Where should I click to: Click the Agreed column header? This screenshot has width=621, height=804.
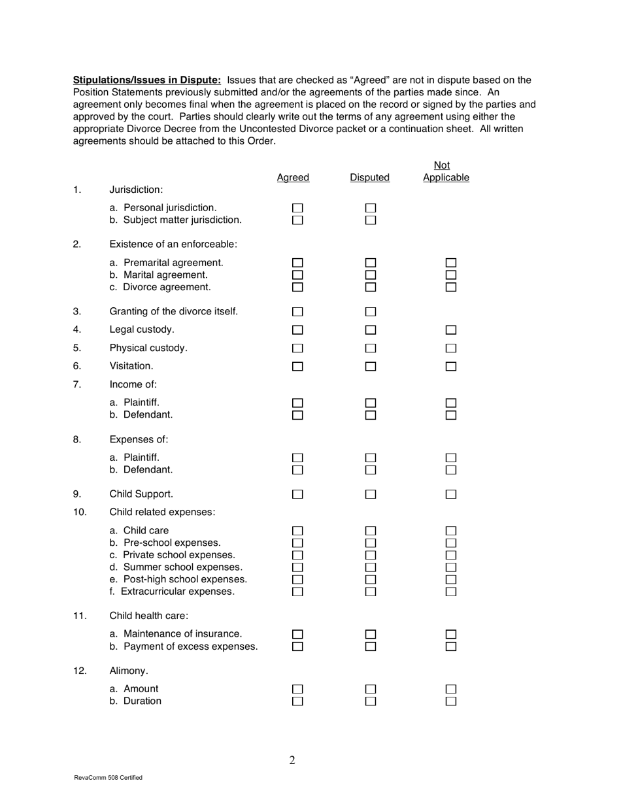click(293, 178)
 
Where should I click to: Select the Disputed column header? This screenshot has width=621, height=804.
click(370, 178)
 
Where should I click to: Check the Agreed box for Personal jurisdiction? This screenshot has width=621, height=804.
click(298, 208)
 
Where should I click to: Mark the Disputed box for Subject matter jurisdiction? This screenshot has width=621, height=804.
click(371, 220)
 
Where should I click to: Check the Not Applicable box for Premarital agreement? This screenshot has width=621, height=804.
click(451, 263)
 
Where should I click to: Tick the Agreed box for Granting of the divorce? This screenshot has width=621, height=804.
click(298, 311)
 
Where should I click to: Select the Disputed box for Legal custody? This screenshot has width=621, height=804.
click(371, 329)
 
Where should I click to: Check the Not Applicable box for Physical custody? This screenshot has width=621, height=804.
click(451, 348)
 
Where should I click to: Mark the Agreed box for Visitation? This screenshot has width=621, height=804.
click(298, 367)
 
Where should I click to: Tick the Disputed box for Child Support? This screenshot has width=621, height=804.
click(371, 494)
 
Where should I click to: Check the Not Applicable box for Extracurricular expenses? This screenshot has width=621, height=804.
click(451, 592)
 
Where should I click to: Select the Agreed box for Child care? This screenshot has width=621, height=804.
click(298, 530)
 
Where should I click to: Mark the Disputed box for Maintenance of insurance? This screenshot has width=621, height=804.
click(371, 634)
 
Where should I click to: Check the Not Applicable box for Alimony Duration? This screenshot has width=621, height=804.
click(451, 701)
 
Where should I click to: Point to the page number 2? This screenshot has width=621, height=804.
click(292, 760)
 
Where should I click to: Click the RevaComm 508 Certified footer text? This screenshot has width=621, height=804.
click(109, 778)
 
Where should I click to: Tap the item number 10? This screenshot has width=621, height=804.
click(79, 512)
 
